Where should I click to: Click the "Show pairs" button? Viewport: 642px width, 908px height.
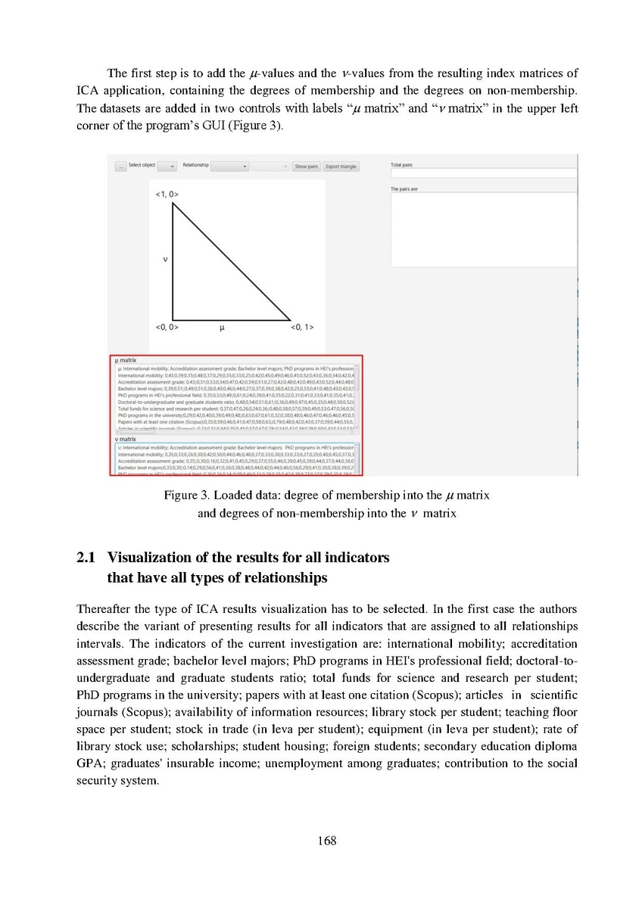pyautogui.click(x=306, y=166)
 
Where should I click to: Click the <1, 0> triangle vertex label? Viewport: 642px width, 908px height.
pyautogui.click(x=166, y=194)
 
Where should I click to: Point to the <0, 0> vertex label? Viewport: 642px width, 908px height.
pyautogui.click(x=166, y=328)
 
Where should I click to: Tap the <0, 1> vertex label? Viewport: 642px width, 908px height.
pyautogui.click(x=302, y=328)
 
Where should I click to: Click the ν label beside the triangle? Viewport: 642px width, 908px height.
pyautogui.click(x=165, y=260)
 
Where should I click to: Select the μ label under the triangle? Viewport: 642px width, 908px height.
pyautogui.click(x=221, y=328)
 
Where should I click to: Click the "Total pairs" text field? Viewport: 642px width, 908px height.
pyautogui.click(x=483, y=173)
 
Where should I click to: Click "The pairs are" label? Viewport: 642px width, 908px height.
pyautogui.click(x=404, y=189)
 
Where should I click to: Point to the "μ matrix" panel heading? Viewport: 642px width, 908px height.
pyautogui.click(x=126, y=361)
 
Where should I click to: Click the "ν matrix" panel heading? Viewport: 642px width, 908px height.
pyautogui.click(x=126, y=439)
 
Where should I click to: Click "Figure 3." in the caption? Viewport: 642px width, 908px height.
pyautogui.click(x=186, y=496)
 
